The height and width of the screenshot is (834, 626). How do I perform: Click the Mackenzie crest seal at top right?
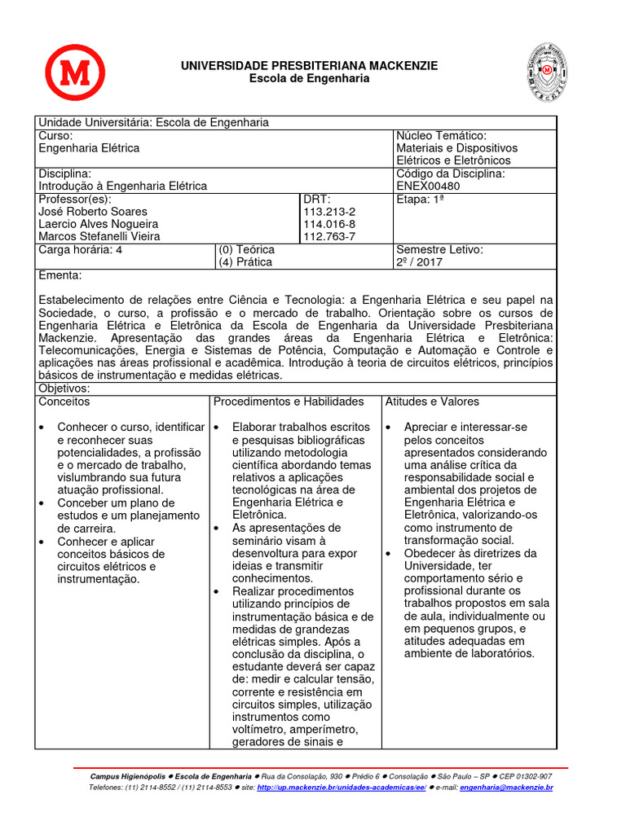tap(544, 72)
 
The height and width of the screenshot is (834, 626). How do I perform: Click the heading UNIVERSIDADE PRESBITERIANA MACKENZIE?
tap(309, 65)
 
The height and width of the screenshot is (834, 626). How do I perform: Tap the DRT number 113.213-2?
tap(328, 211)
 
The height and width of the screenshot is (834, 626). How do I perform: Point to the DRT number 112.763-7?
tap(328, 236)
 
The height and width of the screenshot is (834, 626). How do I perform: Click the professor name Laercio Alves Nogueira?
tap(99, 224)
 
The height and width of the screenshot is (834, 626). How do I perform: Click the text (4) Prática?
tap(245, 262)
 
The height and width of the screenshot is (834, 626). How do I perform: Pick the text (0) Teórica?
tap(246, 249)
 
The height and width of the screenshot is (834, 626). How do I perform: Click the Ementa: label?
tap(60, 275)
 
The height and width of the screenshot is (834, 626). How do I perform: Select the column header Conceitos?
tap(64, 402)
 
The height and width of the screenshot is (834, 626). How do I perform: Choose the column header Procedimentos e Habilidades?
tap(289, 402)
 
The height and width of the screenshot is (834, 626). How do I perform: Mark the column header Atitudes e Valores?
tap(432, 402)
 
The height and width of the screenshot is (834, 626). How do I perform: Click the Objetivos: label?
tap(64, 388)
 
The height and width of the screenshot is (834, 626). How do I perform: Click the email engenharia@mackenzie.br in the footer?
tap(506, 788)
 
